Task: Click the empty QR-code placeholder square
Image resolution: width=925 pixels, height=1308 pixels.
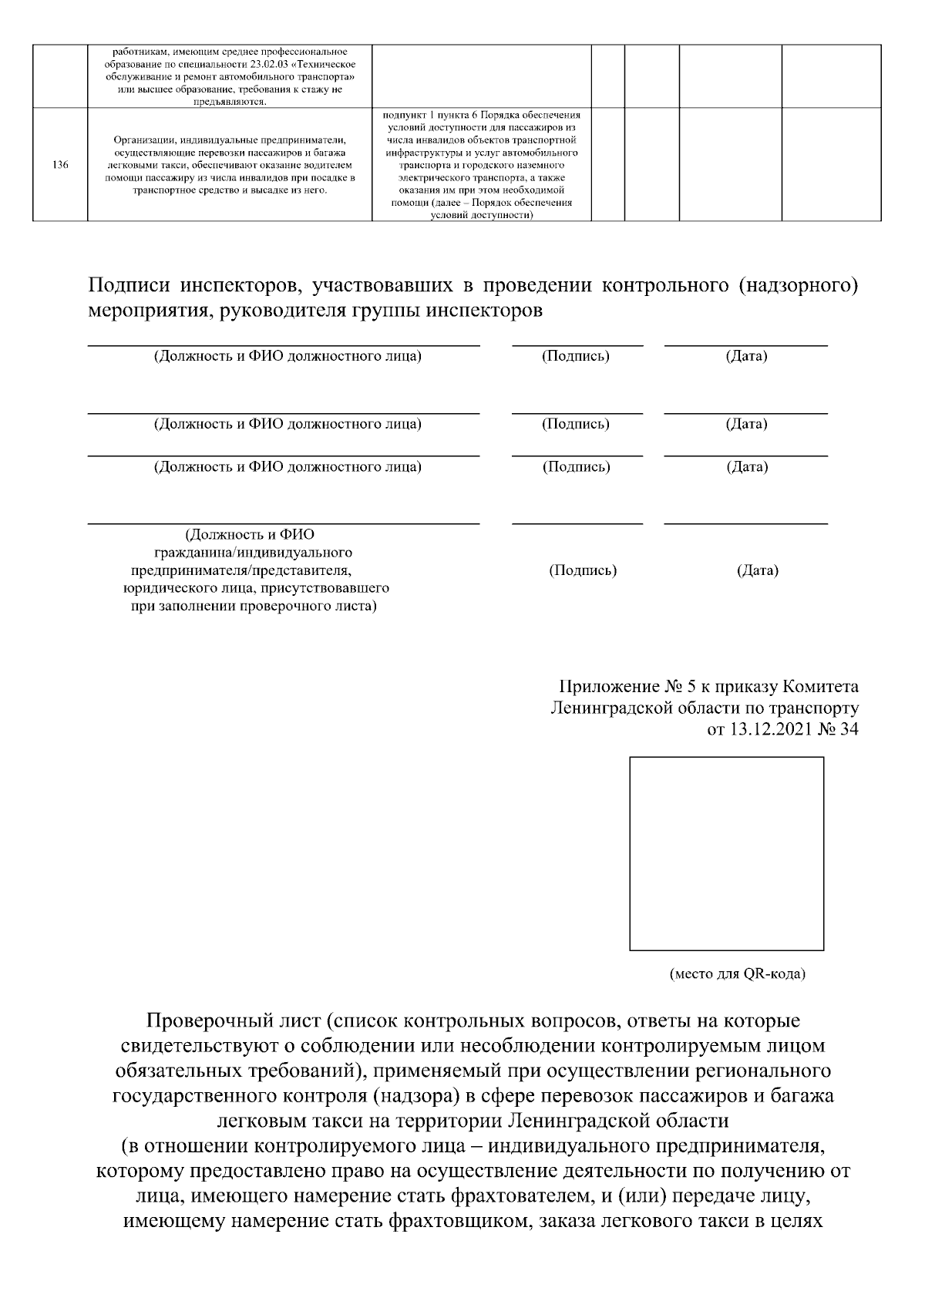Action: click(726, 853)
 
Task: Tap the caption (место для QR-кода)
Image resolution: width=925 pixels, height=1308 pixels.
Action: click(737, 974)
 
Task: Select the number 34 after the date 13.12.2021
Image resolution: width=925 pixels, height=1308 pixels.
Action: click(849, 729)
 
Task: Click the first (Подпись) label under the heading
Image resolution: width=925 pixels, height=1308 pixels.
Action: click(576, 356)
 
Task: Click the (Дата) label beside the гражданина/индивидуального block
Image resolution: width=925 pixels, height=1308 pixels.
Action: click(758, 570)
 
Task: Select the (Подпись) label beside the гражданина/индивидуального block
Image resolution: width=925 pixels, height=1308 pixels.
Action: click(583, 570)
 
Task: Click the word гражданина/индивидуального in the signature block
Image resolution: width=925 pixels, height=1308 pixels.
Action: click(254, 553)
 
